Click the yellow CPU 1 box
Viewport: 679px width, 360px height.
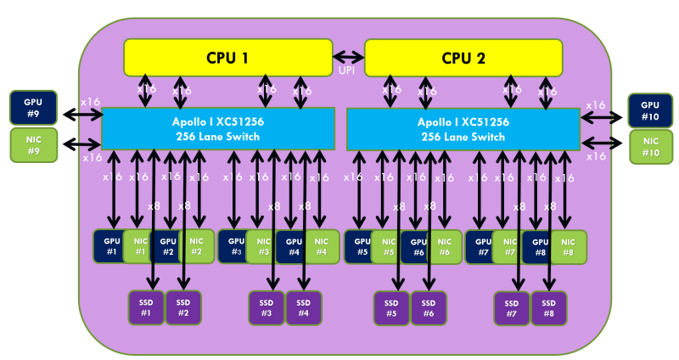(227, 58)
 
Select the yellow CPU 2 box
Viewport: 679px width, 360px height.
(463, 58)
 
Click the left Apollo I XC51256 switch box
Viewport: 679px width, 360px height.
(219, 128)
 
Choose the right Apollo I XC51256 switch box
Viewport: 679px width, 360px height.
(463, 128)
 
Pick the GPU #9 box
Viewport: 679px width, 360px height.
(32, 107)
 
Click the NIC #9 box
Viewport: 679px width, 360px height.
(32, 144)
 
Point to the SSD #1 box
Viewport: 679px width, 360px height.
(145, 307)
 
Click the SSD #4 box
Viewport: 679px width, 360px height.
(303, 307)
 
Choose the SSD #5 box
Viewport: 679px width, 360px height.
(391, 307)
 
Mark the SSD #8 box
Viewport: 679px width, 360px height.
(549, 307)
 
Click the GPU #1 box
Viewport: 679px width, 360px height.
(109, 246)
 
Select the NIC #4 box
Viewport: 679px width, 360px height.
(321, 246)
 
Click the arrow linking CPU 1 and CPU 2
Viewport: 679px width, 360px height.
(347, 57)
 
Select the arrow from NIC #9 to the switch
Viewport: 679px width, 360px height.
(81, 143)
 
